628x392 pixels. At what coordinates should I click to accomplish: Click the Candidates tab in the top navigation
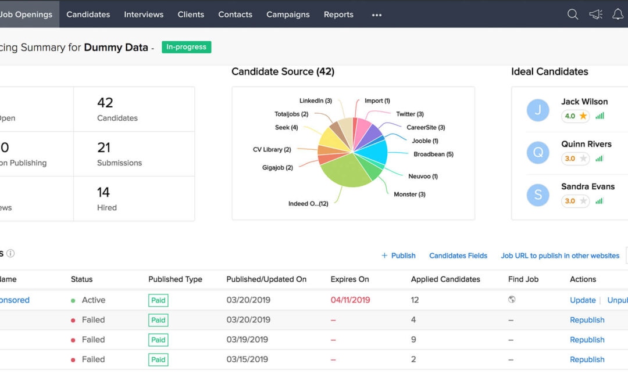pyautogui.click(x=88, y=15)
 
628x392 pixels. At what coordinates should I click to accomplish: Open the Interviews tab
pyautogui.click(x=144, y=15)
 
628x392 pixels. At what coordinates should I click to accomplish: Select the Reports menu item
pyautogui.click(x=338, y=15)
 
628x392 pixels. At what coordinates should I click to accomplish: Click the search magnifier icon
pyautogui.click(x=573, y=15)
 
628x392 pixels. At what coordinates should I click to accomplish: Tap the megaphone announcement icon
pyautogui.click(x=595, y=15)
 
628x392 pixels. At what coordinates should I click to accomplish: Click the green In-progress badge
pyautogui.click(x=186, y=47)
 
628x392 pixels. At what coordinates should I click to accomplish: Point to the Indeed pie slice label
pyautogui.click(x=308, y=204)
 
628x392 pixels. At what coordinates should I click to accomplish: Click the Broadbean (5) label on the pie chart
pyautogui.click(x=433, y=154)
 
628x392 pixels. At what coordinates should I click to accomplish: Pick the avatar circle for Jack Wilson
pyautogui.click(x=538, y=110)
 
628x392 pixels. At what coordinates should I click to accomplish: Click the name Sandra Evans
pyautogui.click(x=588, y=186)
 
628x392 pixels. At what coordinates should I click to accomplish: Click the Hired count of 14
pyautogui.click(x=104, y=192)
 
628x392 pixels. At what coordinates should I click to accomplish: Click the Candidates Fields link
pyautogui.click(x=458, y=256)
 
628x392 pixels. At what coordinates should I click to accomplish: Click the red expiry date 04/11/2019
pyautogui.click(x=350, y=300)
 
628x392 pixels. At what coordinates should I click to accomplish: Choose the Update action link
pyautogui.click(x=583, y=300)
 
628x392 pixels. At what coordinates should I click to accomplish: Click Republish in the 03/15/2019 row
pyautogui.click(x=587, y=359)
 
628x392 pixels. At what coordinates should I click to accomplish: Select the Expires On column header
pyautogui.click(x=349, y=279)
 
